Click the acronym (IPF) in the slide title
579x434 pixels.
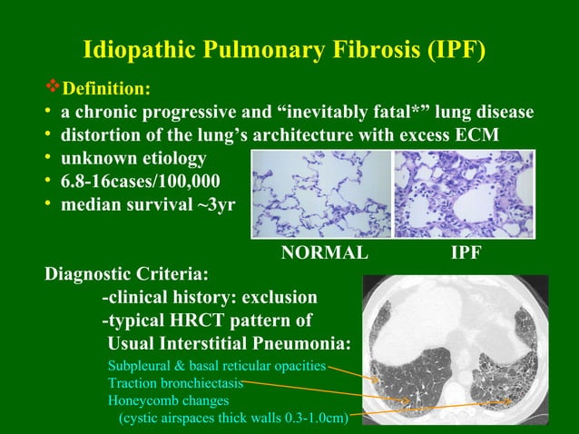coord(450,49)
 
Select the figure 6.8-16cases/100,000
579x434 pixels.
coord(140,182)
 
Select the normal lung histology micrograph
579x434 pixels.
coord(321,194)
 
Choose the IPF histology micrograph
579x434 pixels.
coord(465,194)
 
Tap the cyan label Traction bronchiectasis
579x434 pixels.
coord(175,383)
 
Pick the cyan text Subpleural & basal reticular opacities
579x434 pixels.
coord(217,367)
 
